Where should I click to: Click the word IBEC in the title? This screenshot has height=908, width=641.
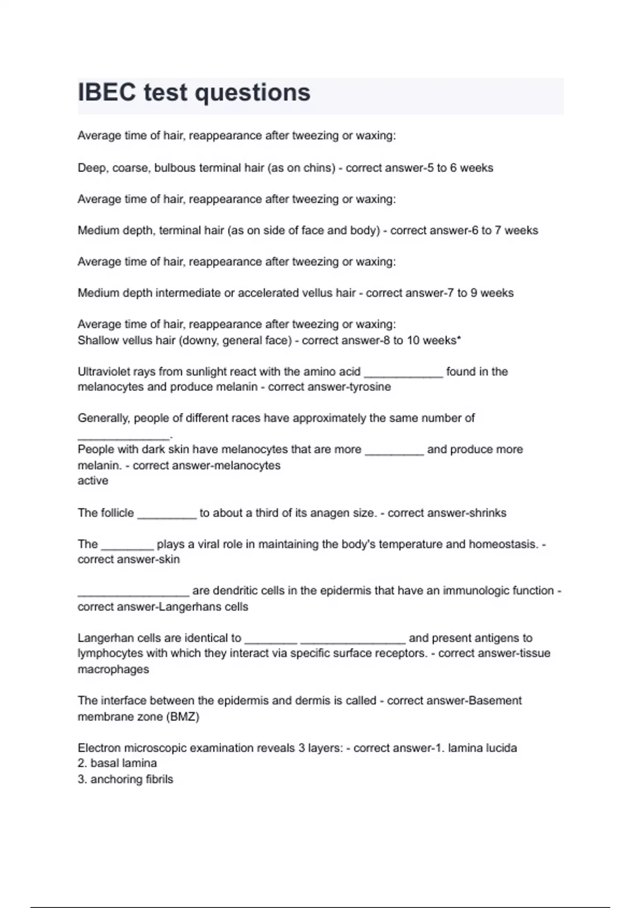click(x=107, y=92)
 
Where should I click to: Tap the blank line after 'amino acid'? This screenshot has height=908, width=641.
click(x=403, y=374)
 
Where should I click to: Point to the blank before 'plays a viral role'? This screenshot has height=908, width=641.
click(x=127, y=547)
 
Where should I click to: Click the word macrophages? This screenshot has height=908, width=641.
click(x=113, y=669)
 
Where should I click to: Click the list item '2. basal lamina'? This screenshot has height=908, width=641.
click(x=117, y=763)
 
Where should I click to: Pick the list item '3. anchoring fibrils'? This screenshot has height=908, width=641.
click(x=125, y=779)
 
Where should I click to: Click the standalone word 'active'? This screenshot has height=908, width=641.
click(x=93, y=481)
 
